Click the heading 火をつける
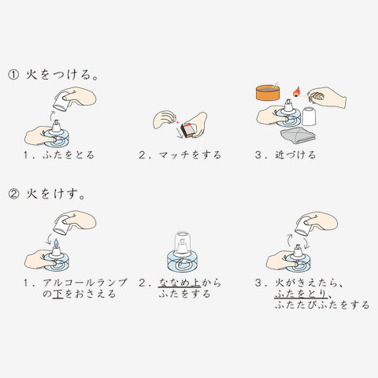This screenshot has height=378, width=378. [x=62, y=75]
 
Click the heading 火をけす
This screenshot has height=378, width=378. [x=55, y=194]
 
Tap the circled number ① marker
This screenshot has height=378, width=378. [x=13, y=75]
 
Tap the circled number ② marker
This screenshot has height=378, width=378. [x=13, y=195]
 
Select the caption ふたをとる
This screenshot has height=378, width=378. [x=69, y=155]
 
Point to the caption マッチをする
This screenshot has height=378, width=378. [x=190, y=155]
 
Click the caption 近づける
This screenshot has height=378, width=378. [x=295, y=155]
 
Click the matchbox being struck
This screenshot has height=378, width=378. [x=188, y=130]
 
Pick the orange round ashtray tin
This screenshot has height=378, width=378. [x=268, y=92]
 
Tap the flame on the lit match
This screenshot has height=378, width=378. [x=297, y=91]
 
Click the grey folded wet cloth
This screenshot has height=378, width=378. [x=298, y=135]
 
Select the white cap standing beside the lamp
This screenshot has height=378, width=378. [x=309, y=117]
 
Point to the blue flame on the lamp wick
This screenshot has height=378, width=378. [x=56, y=243]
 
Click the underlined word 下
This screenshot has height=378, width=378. [x=57, y=294]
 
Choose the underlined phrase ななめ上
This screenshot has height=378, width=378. [x=180, y=283]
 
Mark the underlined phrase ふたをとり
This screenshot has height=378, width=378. [x=301, y=294]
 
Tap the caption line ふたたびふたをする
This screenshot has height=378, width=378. [x=322, y=305]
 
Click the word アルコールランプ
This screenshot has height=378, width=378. [x=85, y=283]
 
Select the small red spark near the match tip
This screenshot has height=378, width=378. [x=177, y=122]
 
